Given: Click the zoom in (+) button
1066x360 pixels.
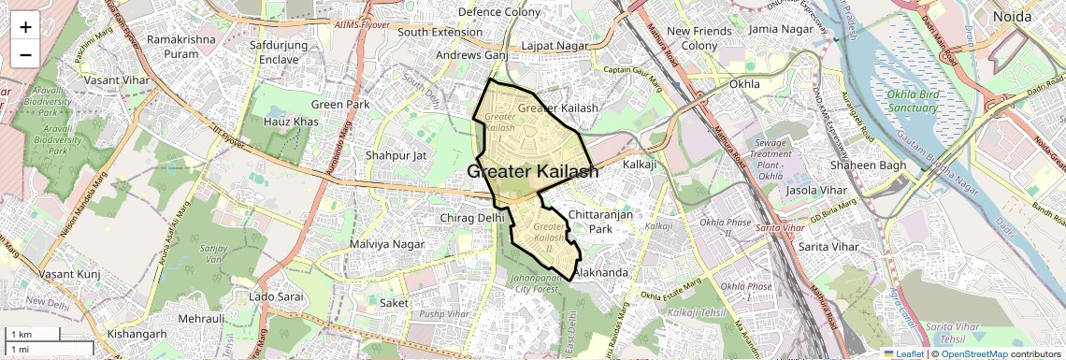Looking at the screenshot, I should pyautogui.click(x=25, y=26).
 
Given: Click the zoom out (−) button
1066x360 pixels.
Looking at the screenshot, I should pyautogui.click(x=25, y=53).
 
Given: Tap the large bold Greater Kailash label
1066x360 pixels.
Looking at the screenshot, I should pyautogui.click(x=532, y=171).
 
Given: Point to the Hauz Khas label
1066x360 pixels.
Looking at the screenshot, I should pyautogui.click(x=291, y=122).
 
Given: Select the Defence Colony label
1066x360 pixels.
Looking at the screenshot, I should pyautogui.click(x=499, y=12).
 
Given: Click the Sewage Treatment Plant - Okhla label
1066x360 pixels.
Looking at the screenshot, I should pyautogui.click(x=771, y=153).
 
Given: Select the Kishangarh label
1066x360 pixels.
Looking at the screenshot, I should pyautogui.click(x=137, y=334).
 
